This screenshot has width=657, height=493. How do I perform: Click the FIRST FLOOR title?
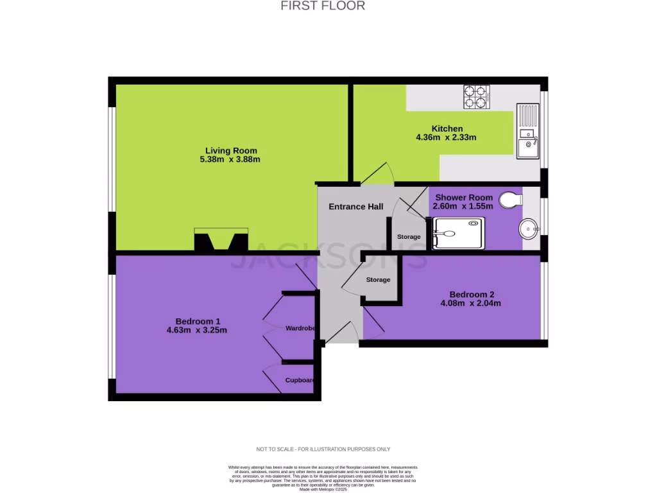[323, 6]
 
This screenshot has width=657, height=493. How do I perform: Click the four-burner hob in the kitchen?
[476, 96]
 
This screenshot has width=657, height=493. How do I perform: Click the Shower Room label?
[464, 197]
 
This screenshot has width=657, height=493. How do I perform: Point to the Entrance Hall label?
[356, 207]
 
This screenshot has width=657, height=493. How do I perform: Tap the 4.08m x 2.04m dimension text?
[470, 304]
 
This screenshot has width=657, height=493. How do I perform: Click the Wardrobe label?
[300, 328]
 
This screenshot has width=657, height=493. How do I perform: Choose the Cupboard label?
[300, 380]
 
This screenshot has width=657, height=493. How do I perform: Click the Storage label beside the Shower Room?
[409, 237]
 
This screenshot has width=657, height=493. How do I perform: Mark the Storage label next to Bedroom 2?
[378, 280]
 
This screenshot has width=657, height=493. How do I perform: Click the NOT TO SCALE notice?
[323, 449]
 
